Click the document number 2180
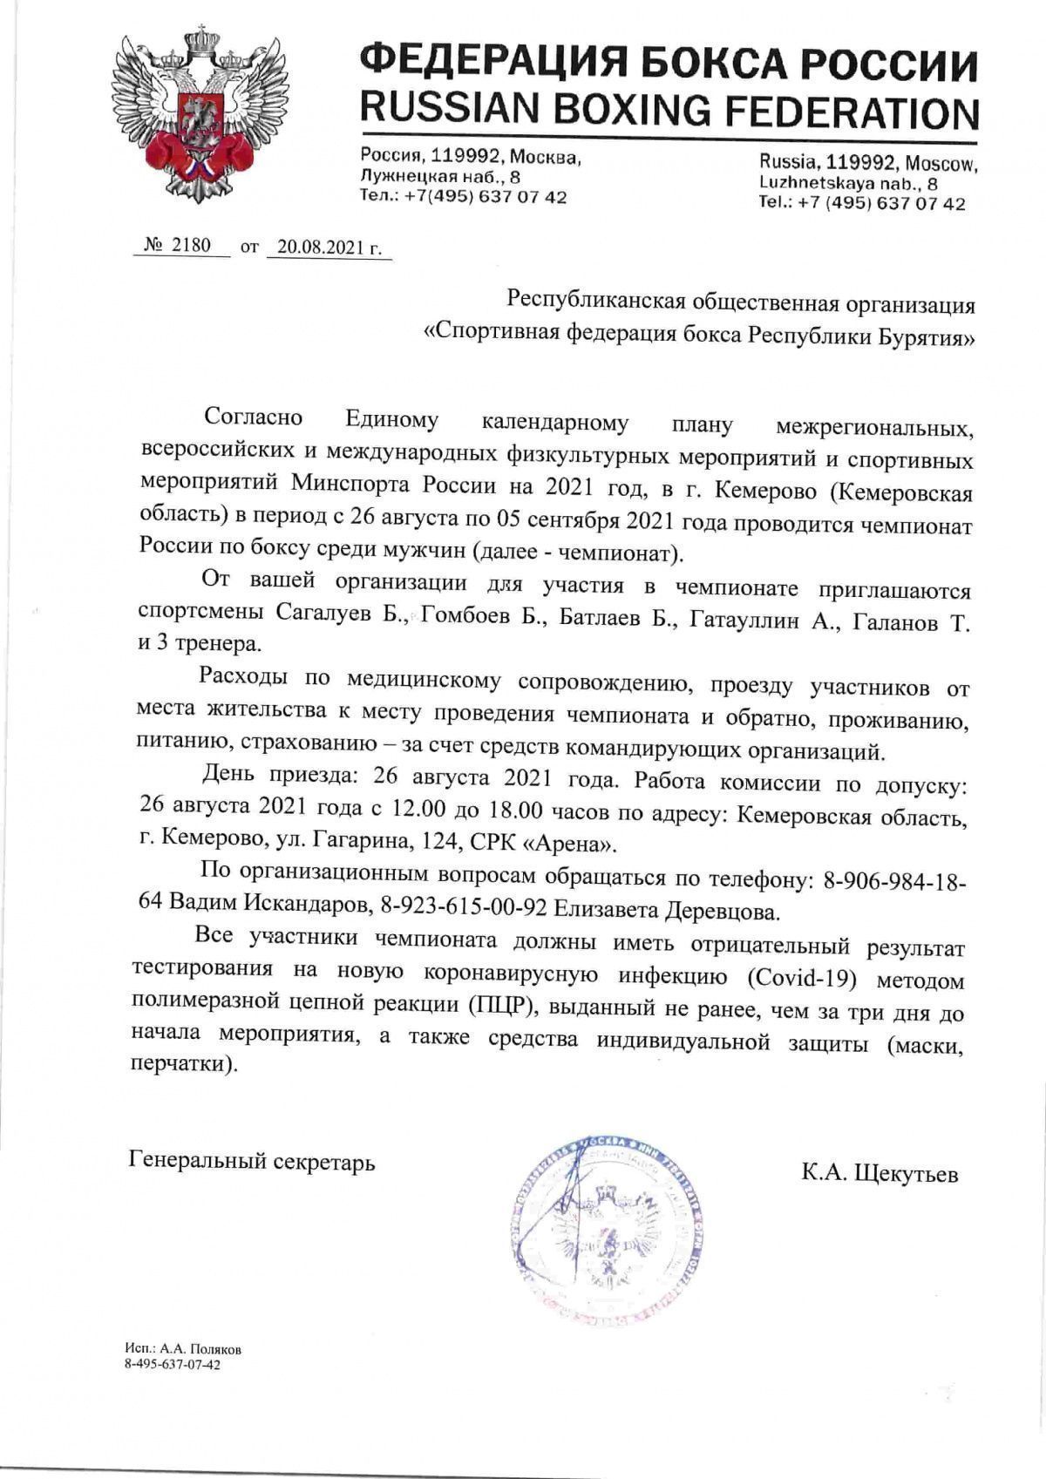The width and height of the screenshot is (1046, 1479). click(191, 245)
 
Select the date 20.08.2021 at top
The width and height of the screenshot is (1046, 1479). click(329, 247)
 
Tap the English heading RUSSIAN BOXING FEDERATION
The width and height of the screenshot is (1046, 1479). click(669, 111)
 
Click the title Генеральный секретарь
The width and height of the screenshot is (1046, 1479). click(252, 1161)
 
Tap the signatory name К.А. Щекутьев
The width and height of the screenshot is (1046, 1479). click(879, 1174)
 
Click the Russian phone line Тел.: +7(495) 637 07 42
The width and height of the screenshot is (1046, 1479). click(463, 197)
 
